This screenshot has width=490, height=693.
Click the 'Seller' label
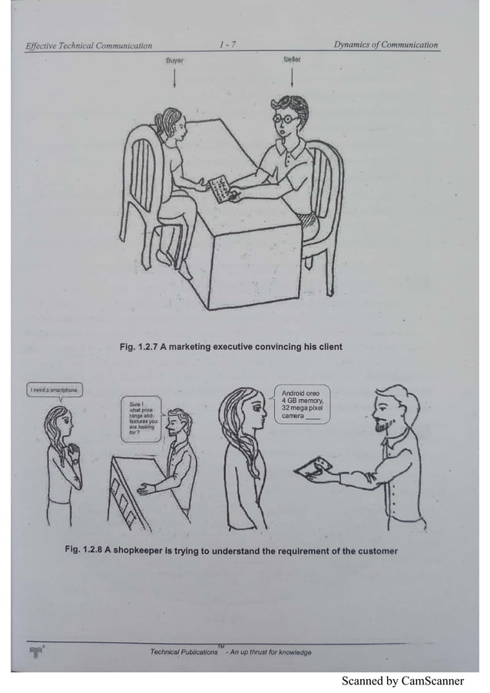(x=292, y=58)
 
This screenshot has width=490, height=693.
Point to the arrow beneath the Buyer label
(x=176, y=77)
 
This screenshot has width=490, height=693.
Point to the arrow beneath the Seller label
(x=292, y=77)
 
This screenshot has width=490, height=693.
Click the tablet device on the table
(x=219, y=186)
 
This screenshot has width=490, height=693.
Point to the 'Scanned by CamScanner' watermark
(x=402, y=680)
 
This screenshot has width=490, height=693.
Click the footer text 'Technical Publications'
(x=184, y=652)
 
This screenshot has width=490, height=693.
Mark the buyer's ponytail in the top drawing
(x=158, y=123)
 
